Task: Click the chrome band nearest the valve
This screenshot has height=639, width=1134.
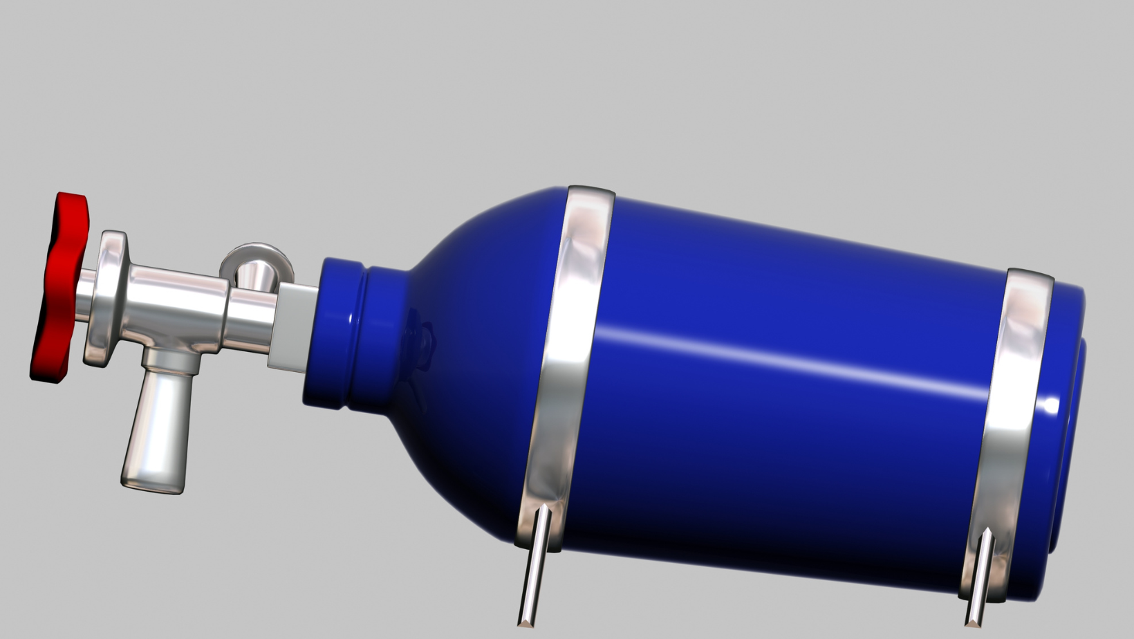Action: pyautogui.click(x=567, y=346)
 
